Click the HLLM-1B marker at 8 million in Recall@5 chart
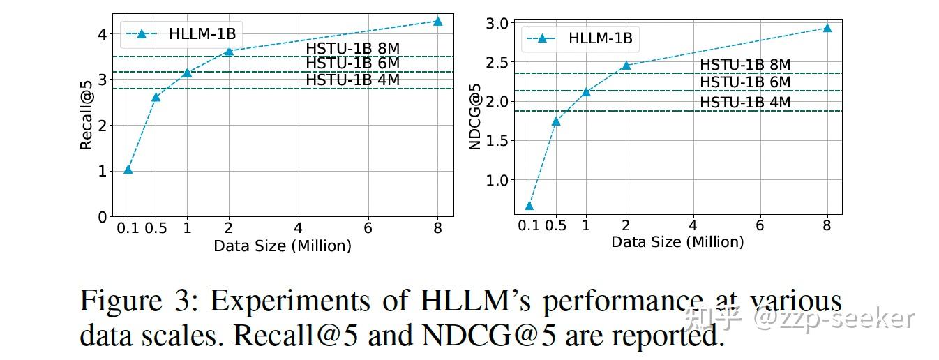(437, 21)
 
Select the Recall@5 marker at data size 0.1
(128, 170)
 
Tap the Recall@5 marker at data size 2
(228, 52)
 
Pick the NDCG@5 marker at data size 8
(827, 28)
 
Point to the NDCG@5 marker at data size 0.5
(556, 121)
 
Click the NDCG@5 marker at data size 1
(586, 91)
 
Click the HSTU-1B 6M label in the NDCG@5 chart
(745, 82)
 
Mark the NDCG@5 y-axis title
(475, 115)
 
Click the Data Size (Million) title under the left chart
(282, 246)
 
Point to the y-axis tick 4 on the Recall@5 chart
(102, 33)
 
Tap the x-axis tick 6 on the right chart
(760, 226)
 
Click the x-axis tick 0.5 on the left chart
(156, 228)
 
